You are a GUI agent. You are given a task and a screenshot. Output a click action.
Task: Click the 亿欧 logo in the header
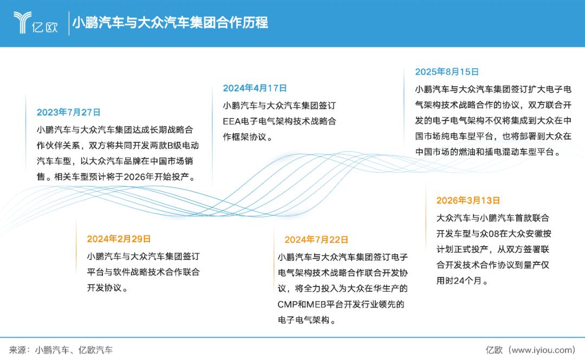[x=35, y=22]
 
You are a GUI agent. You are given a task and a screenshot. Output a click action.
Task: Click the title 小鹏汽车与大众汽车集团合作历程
[x=170, y=23]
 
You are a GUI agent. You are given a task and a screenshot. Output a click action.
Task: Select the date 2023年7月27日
[x=69, y=112]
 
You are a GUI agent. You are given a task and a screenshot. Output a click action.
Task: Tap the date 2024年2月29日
[x=119, y=239]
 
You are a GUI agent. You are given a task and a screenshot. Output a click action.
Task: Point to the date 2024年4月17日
[x=255, y=88]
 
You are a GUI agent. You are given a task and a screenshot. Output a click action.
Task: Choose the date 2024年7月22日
[x=316, y=240]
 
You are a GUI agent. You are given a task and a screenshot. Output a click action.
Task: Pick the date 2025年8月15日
[x=447, y=72]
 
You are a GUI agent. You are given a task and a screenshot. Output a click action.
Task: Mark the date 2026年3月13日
[x=468, y=201]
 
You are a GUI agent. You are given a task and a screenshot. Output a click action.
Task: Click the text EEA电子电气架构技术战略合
[x=279, y=122]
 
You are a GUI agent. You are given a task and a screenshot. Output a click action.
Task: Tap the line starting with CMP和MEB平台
[x=341, y=304]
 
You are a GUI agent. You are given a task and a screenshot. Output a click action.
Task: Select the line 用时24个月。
[x=462, y=281]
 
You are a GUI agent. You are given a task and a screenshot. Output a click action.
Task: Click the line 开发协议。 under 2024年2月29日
[x=107, y=288]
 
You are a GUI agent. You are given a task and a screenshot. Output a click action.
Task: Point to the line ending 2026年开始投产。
[x=116, y=177]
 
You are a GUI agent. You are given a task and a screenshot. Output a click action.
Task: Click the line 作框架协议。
[x=248, y=138]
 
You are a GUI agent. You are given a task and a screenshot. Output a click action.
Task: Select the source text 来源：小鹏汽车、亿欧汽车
[x=61, y=350]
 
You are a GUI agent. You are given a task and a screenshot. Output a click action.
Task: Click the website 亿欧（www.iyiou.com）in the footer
[x=530, y=350]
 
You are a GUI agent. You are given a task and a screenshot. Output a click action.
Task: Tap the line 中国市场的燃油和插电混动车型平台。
[x=489, y=152]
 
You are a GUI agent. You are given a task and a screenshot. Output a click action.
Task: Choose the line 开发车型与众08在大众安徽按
[x=493, y=234]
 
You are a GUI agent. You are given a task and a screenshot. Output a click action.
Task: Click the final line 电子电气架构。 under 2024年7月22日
[x=307, y=320]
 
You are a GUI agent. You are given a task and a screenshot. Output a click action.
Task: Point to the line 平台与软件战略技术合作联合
[x=143, y=272]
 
